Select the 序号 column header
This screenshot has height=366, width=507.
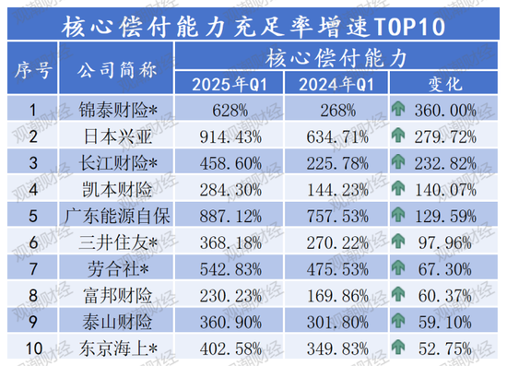coord(33,69)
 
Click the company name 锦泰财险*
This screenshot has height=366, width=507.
coord(114,111)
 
